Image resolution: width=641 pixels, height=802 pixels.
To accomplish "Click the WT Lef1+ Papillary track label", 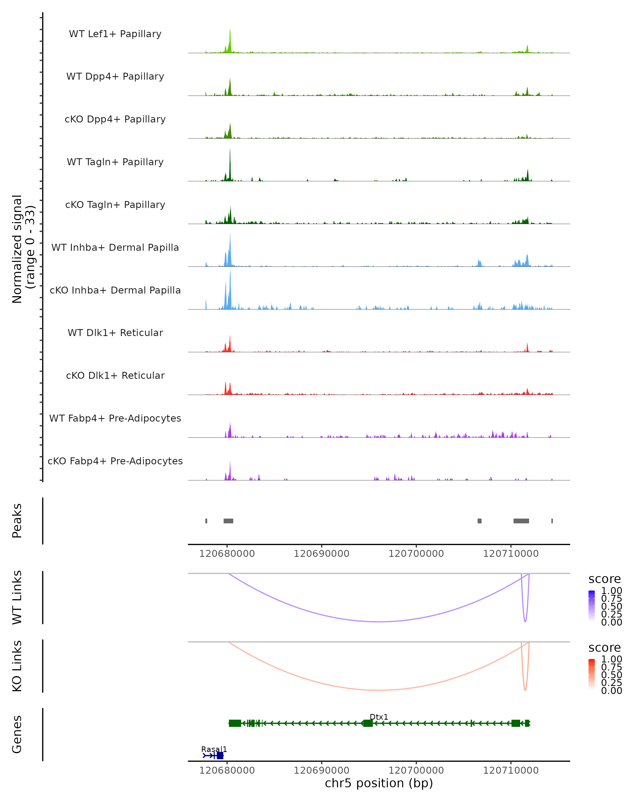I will point(115,34).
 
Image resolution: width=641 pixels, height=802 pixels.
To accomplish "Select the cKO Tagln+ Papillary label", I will point(115,205).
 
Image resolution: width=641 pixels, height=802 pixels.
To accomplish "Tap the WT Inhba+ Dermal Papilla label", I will point(115,248).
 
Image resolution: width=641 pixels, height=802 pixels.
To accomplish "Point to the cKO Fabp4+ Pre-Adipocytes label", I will point(115,461).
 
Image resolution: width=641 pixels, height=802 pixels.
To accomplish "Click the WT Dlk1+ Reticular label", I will point(115,333).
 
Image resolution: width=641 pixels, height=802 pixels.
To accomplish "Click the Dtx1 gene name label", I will point(379,717).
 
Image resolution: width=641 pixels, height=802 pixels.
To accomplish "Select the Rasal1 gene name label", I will point(214,749).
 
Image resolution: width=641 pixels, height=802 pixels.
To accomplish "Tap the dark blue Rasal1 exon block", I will point(220,755).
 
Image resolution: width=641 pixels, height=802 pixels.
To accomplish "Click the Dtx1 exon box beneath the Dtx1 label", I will point(368,723).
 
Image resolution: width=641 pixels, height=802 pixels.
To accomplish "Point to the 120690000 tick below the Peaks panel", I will point(321,554).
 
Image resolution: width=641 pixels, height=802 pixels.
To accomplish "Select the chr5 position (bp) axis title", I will point(379,783).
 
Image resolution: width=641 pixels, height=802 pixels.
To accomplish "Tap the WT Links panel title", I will point(17,597).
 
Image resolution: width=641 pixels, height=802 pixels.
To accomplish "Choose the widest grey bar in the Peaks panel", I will point(521,521).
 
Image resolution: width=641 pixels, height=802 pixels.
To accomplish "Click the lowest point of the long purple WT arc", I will point(379,622).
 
